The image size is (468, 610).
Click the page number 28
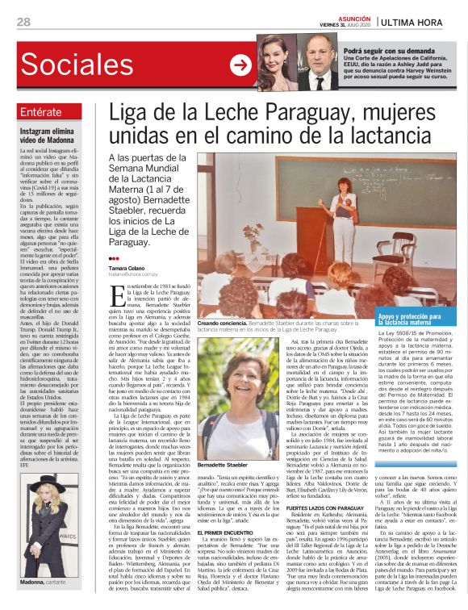(23, 21)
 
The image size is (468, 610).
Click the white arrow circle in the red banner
(240, 65)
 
